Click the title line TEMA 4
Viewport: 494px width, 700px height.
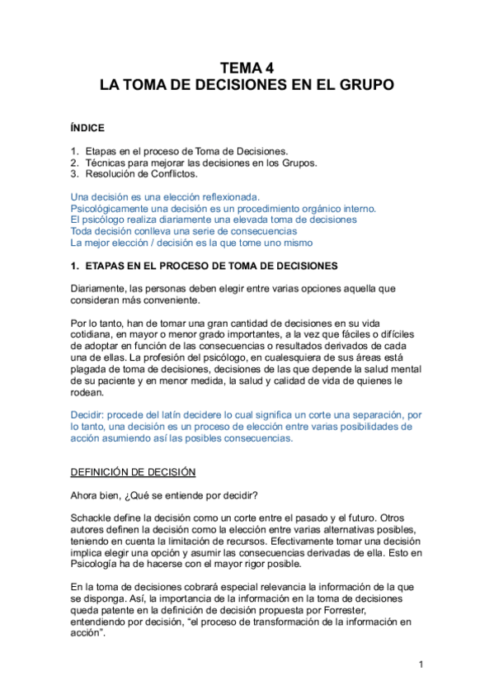246,69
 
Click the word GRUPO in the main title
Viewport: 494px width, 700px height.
365,85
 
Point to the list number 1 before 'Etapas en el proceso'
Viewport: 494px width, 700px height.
74,151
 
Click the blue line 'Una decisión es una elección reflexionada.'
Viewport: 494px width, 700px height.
165,197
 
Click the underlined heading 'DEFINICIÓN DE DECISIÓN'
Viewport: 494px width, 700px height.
133,471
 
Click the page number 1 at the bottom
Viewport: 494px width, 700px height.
421,665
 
